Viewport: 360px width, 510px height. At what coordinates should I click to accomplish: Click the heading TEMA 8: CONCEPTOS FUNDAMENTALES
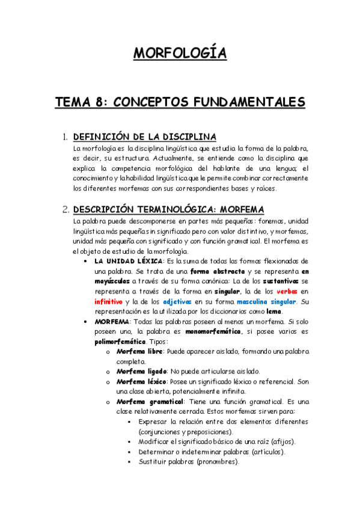(180, 102)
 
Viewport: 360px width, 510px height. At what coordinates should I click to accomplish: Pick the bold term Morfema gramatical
(151, 402)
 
